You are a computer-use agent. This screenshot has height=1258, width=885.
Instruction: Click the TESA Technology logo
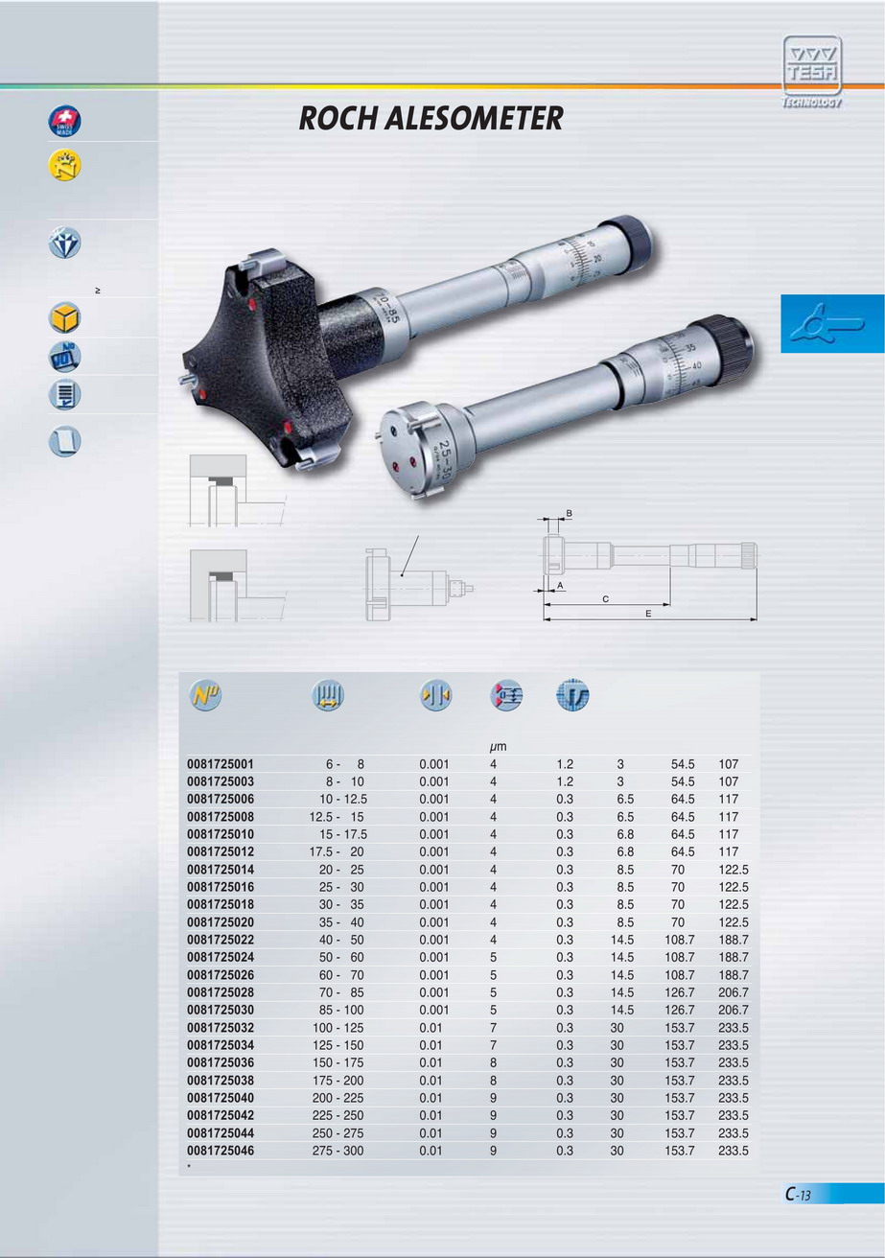pos(812,71)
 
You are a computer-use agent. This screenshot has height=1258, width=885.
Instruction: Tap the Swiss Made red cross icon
pos(64,122)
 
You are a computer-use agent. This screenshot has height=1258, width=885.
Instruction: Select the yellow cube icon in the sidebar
pos(64,318)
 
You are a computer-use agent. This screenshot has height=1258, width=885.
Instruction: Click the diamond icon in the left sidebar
pos(64,243)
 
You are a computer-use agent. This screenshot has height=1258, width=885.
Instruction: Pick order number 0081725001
pos(221,764)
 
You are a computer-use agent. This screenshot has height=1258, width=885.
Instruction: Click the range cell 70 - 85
pos(341,992)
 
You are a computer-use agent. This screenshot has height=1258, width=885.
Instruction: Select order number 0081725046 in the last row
pos(221,1151)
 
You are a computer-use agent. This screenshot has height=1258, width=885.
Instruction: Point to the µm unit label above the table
pos(498,747)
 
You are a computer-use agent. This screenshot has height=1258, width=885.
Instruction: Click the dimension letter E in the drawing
pos(648,614)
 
